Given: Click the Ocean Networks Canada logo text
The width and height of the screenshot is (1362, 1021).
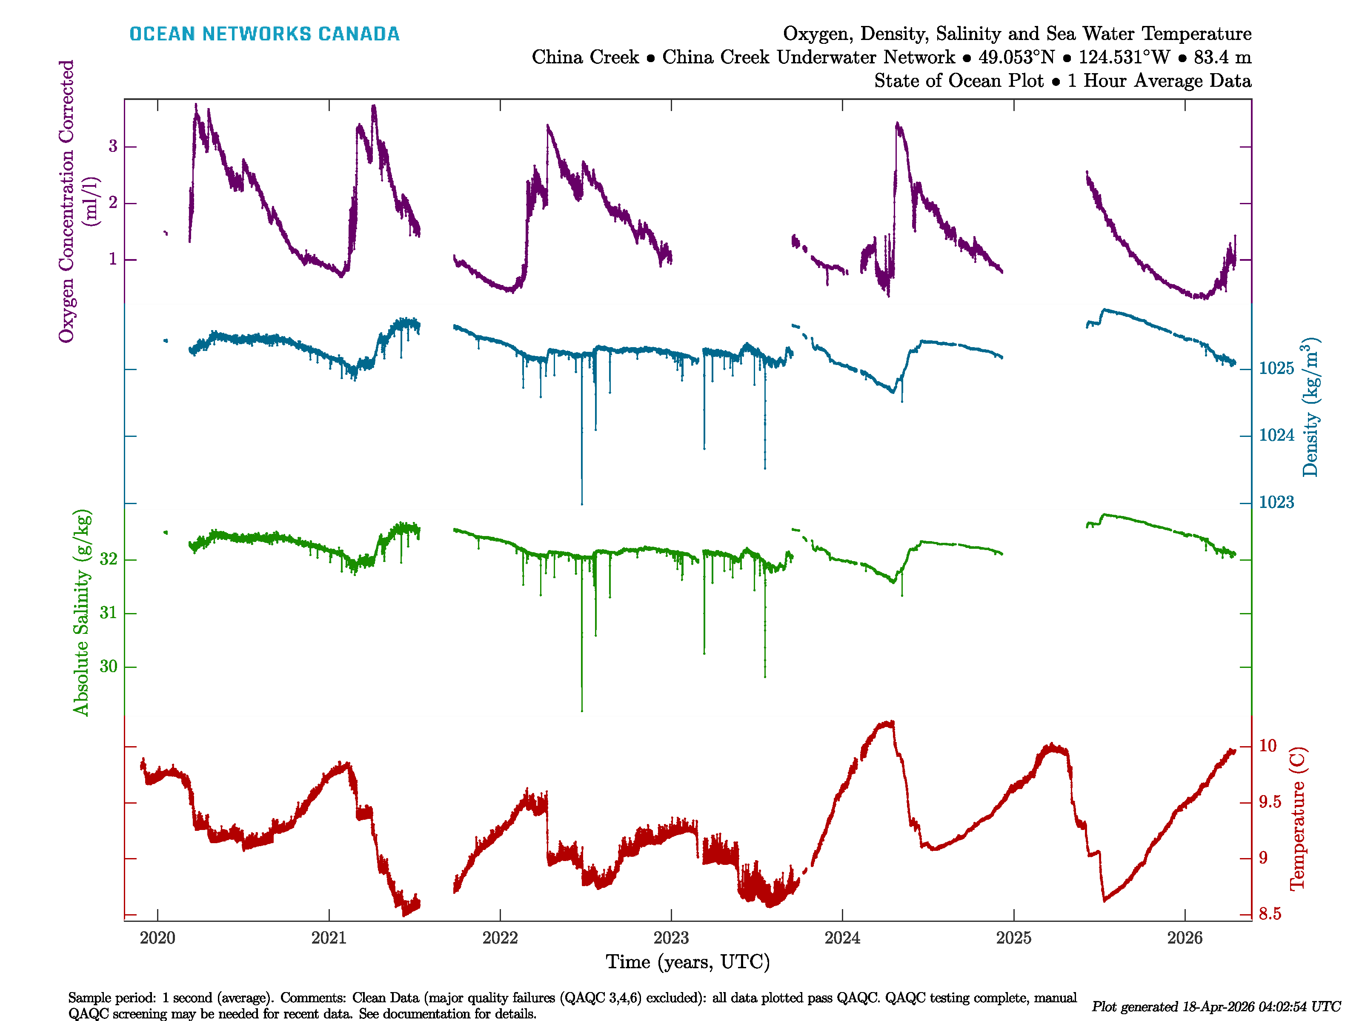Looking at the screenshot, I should click(264, 34).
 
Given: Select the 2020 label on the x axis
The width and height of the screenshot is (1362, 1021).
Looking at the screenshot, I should click(157, 938).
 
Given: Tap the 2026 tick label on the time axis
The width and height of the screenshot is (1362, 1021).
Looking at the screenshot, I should click(1184, 938).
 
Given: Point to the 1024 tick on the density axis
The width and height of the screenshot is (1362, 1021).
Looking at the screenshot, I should click(1276, 436).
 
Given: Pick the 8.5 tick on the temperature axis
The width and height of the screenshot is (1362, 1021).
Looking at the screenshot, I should click(1270, 914).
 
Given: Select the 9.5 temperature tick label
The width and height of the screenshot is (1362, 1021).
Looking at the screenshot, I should click(1270, 802).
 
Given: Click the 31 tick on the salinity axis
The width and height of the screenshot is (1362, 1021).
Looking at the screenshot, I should click(109, 613).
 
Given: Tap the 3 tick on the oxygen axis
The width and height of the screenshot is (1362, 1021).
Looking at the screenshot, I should click(113, 146).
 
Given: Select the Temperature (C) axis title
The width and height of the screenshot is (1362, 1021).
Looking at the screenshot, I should click(1297, 819).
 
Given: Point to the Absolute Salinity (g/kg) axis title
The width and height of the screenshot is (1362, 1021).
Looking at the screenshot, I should click(82, 612).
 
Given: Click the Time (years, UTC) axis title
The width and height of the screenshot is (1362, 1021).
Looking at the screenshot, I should click(688, 962).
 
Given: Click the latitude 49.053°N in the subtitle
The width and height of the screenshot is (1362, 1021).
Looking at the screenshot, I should click(1016, 57).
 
